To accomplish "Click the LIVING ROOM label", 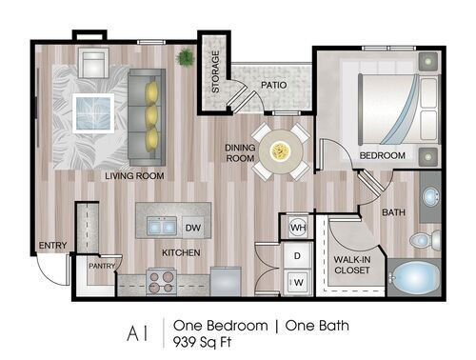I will coord(134,176).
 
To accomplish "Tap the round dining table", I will coord(280,150).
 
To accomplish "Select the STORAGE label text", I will coord(214,71).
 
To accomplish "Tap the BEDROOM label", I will coord(382,155).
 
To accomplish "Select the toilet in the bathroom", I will coord(428,238).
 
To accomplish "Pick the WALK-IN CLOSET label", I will coord(351,265).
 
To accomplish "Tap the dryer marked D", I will coord(296,256).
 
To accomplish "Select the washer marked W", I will coord(296,281).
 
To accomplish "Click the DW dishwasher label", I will coord(192,228).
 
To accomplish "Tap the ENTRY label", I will coord(52,246).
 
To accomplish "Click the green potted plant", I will coord(184,58).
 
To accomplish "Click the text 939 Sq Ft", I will coord(207,340).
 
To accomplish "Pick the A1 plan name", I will coord(142,332).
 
